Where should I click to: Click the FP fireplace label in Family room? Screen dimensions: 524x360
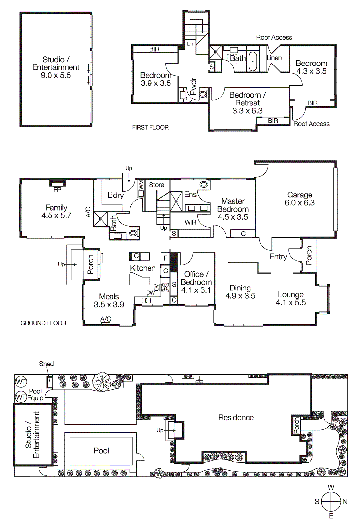[57, 190]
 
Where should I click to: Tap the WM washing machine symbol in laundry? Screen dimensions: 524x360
[141, 185]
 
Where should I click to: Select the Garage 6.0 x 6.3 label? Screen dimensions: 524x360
[299, 199]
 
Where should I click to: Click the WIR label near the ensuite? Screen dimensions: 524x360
[190, 222]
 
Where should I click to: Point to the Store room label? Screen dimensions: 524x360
[156, 185]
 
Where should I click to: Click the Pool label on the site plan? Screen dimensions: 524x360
[101, 451]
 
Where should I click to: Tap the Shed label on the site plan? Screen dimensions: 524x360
[46, 364]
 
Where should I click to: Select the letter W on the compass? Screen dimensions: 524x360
[331, 487]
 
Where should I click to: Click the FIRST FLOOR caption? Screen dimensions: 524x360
[150, 127]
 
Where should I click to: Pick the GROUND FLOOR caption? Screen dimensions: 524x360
[43, 323]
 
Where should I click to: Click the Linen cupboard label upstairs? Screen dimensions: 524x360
[274, 58]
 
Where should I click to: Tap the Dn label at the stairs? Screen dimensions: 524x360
[190, 44]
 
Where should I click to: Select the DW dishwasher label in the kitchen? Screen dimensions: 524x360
[150, 293]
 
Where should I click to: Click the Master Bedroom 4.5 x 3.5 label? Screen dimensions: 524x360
[233, 209]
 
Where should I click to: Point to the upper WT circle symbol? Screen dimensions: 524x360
[21, 382]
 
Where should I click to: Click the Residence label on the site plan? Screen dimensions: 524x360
[236, 418]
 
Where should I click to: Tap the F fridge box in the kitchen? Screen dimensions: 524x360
[166, 258]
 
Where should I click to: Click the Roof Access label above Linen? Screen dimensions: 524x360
[274, 38]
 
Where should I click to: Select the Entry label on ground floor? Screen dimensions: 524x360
[278, 257]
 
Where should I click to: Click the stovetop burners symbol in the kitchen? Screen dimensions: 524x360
[165, 288]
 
